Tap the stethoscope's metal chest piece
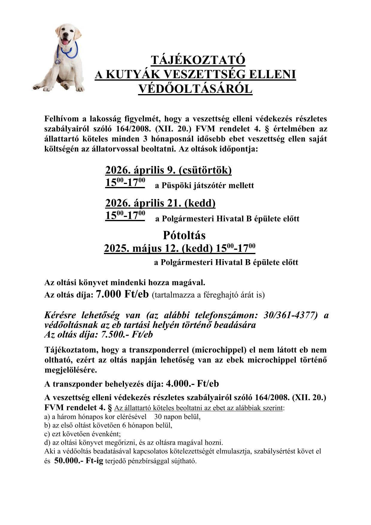coord(57,62)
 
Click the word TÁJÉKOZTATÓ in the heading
coord(198,60)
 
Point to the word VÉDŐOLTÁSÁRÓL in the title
coord(195,89)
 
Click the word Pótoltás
coord(184,235)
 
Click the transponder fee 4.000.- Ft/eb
coord(192,384)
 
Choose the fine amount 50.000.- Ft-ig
coord(78,461)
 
